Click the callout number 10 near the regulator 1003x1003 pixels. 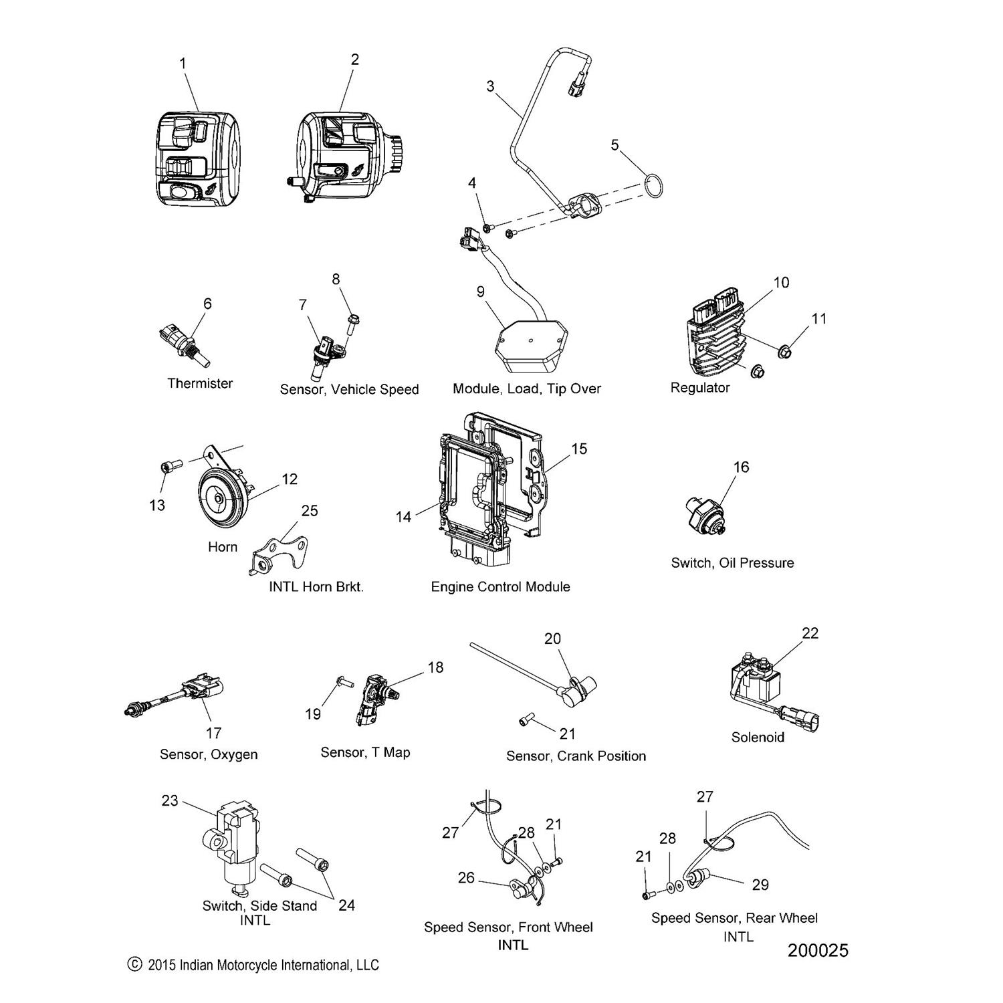click(781, 282)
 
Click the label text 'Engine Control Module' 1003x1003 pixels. click(500, 587)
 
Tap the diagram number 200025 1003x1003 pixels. click(817, 950)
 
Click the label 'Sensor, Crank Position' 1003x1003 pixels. click(576, 756)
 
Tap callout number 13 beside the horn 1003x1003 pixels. click(157, 505)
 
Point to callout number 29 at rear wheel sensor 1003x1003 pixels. click(760, 885)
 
